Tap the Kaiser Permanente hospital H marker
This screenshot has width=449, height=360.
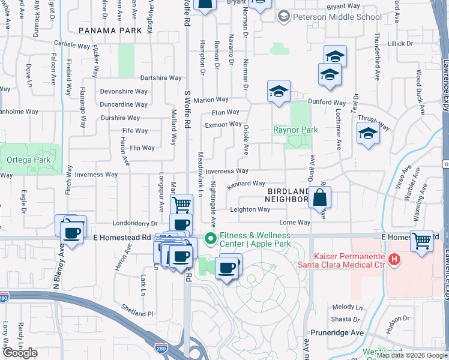(x=394, y=259)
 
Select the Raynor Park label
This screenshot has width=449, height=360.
(x=295, y=130)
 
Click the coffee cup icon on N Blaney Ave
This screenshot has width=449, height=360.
(x=73, y=231)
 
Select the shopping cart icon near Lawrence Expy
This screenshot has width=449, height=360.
(x=422, y=240)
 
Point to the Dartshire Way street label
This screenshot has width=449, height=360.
(x=160, y=78)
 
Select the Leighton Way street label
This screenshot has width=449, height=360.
(x=250, y=209)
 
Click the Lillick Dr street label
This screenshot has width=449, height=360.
(x=400, y=44)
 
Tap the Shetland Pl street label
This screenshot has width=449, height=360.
(x=136, y=313)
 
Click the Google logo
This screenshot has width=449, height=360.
(x=20, y=353)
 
